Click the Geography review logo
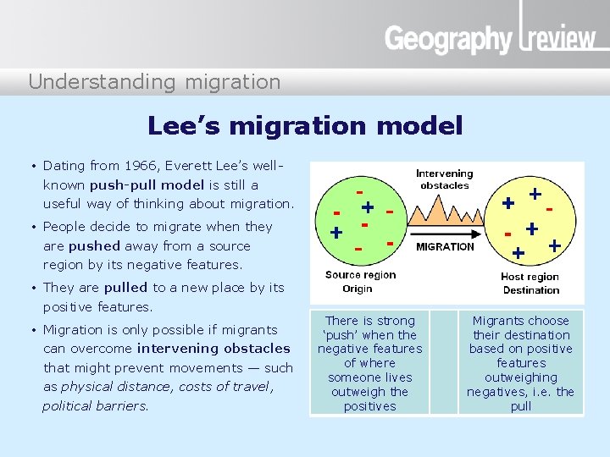pos(490,37)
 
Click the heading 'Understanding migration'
pos(154,82)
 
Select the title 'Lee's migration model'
pos(305,126)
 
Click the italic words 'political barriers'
pos(95,405)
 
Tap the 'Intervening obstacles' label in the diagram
pos(445,179)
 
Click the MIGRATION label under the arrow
pos(445,247)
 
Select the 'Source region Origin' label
pos(360,282)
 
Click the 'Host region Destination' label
pos(530,284)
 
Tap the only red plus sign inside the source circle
pos(368,207)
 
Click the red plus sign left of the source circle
pos(336,232)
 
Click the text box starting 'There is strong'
pos(370,363)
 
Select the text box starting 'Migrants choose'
pos(521,363)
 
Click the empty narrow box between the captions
pos(443,363)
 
